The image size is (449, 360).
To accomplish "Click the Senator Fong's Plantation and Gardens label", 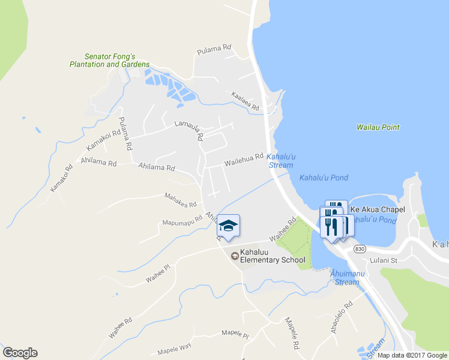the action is point(109,59).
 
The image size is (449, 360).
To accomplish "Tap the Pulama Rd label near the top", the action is point(214,50).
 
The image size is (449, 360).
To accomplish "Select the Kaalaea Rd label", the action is point(245,101).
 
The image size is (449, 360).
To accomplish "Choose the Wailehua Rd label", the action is point(244,159).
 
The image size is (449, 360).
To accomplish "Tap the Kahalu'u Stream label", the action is point(280,161).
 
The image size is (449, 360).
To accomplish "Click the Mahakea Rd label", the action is point(181,200).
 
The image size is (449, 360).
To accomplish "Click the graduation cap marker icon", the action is point(228,226).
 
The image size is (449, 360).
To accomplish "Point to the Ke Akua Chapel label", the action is point(378,209).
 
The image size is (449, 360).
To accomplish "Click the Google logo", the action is point(20,353).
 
